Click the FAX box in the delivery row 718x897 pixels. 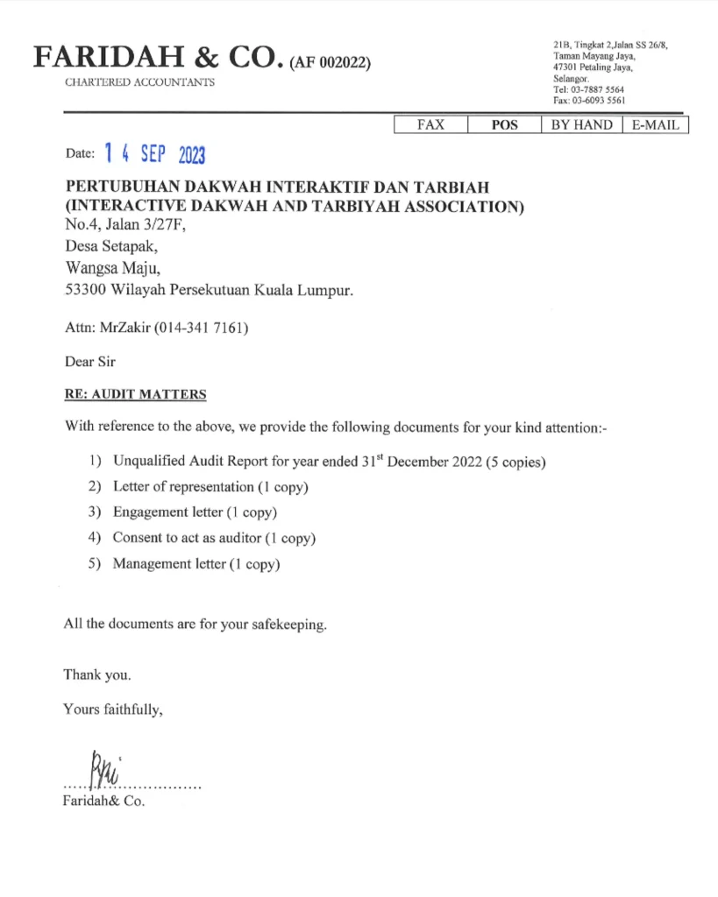(x=430, y=125)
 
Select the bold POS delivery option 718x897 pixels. (x=504, y=125)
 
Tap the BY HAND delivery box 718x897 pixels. (x=581, y=125)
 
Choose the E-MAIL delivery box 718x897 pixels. (x=655, y=125)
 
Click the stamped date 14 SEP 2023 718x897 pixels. (x=153, y=154)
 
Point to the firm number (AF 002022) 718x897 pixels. (x=330, y=62)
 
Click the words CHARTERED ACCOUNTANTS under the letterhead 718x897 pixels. (x=139, y=82)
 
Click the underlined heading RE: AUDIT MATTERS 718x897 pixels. (x=135, y=394)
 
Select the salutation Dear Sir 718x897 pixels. (x=90, y=362)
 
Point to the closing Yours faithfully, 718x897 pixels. (x=113, y=710)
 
